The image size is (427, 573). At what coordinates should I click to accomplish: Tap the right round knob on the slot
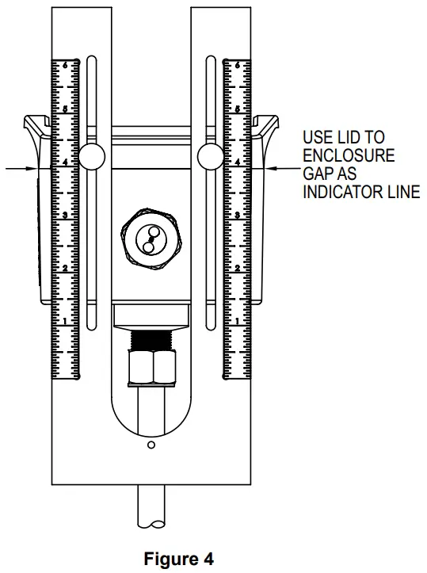pos(212,156)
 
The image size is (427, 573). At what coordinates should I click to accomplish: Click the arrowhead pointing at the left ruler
pos(32,167)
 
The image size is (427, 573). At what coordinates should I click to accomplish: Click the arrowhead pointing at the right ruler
pos(270,167)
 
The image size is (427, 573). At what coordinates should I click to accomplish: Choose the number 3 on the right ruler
pos(238,214)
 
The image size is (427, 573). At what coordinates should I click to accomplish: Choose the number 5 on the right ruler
pos(238,107)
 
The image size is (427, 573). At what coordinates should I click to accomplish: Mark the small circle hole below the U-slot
pos(151,446)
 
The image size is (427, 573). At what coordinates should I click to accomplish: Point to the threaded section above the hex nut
pos(151,339)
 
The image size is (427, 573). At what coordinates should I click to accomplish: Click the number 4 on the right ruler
pos(238,161)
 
